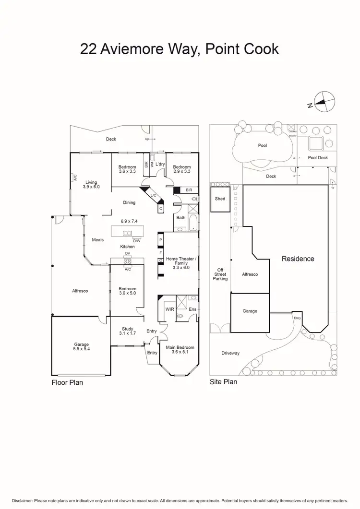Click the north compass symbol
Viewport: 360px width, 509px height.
tap(324, 102)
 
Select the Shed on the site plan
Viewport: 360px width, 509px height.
tap(220, 199)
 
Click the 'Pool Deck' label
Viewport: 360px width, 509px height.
tap(318, 157)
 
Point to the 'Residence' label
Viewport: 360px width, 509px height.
tap(298, 259)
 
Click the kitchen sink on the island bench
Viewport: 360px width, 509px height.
tap(128, 234)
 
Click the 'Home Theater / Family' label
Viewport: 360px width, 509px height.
tap(178, 261)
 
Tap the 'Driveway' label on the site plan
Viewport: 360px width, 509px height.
tap(230, 354)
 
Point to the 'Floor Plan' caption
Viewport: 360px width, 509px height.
tap(67, 382)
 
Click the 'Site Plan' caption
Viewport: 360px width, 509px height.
tap(224, 382)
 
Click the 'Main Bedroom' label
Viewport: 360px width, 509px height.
tap(180, 347)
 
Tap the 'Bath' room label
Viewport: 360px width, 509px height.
tap(180, 217)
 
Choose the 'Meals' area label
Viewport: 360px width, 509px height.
tap(97, 240)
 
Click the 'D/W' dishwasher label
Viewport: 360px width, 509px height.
tap(137, 240)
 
